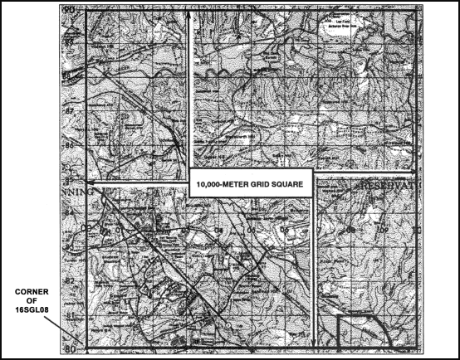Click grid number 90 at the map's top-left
pos(70,10)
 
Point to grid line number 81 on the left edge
pos(70,316)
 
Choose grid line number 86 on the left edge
pos(70,144)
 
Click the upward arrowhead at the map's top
pos(192,16)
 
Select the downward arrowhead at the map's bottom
pos(313,341)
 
